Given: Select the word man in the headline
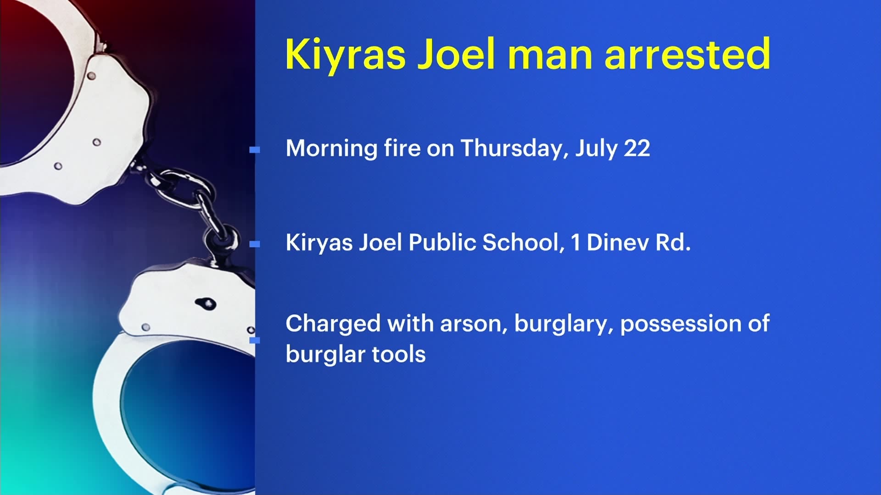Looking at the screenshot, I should (550, 55).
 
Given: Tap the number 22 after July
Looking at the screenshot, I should (637, 148).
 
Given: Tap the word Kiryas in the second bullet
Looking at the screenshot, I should (319, 242).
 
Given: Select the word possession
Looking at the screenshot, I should (680, 324).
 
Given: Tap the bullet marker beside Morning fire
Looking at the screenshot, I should (255, 149).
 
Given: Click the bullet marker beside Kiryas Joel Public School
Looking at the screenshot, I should (255, 244).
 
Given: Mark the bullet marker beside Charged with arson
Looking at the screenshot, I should (255, 340).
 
